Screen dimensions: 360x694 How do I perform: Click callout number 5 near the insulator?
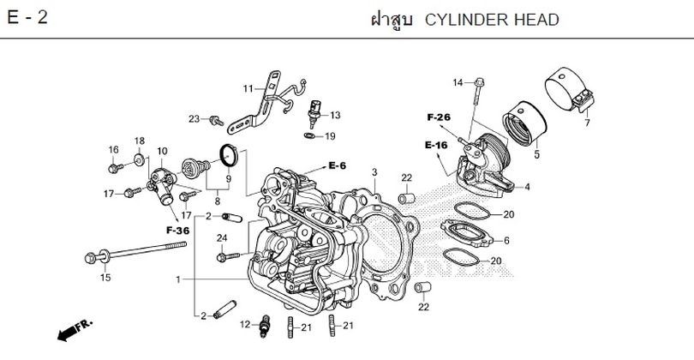[536, 155]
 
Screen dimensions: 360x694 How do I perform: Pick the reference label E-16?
[436, 146]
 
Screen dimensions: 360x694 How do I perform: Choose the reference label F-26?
[438, 117]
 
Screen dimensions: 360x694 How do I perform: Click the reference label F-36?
[177, 231]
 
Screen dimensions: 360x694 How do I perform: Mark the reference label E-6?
[339, 165]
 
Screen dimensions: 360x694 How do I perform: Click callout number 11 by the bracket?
[248, 88]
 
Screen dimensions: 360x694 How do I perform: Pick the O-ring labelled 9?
[228, 155]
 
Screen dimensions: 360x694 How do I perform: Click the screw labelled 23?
[214, 118]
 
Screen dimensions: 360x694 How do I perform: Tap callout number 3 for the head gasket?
[374, 172]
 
